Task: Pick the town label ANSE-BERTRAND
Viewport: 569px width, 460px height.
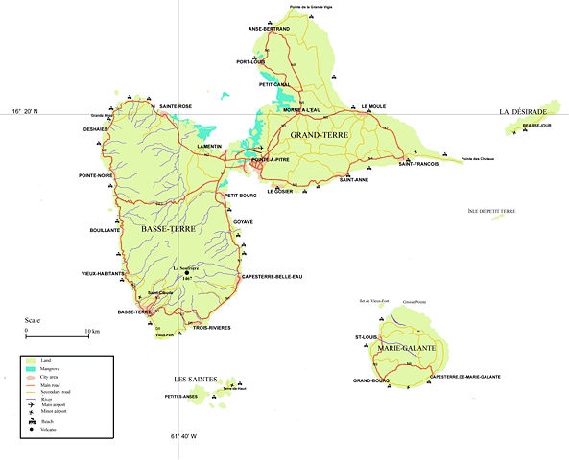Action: click(x=269, y=29)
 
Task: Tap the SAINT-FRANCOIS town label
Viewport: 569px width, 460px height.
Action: click(x=418, y=164)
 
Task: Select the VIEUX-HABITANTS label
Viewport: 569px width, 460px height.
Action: click(x=103, y=274)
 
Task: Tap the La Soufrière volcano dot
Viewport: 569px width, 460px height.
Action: click(x=187, y=272)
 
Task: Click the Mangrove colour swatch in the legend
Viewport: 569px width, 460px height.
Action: click(x=31, y=368)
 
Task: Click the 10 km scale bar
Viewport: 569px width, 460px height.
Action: click(x=58, y=336)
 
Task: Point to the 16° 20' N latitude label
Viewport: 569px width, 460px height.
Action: click(x=29, y=112)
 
